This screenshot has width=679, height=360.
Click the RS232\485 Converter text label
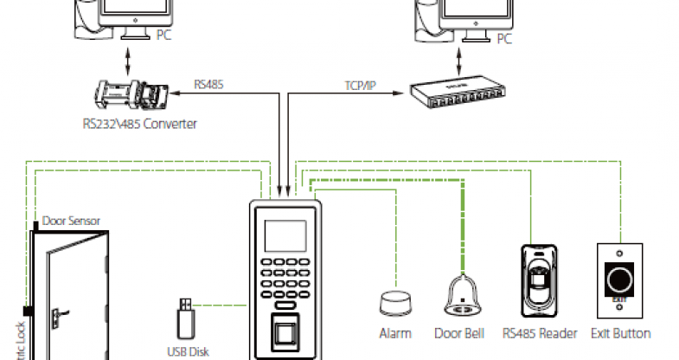point(134,123)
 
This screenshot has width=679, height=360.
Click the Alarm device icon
point(395,304)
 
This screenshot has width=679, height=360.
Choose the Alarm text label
point(395,333)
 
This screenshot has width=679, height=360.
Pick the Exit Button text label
point(620,333)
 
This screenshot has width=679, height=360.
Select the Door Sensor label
point(71,221)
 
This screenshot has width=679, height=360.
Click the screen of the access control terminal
point(285,235)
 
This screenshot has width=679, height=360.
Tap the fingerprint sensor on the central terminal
point(286,333)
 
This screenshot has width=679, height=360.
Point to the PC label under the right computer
point(503,39)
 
